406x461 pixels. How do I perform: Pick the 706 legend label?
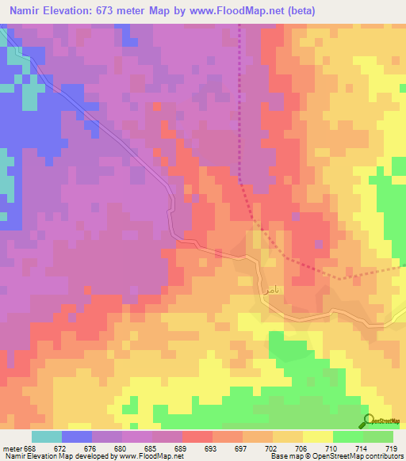tap(302, 448)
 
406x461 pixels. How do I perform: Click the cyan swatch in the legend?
tap(47, 436)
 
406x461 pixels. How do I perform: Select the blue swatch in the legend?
tap(77, 436)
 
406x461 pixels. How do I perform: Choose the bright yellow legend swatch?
tap(317, 436)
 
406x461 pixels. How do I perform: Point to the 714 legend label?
tap(362, 448)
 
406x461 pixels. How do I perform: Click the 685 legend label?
tap(151, 448)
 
